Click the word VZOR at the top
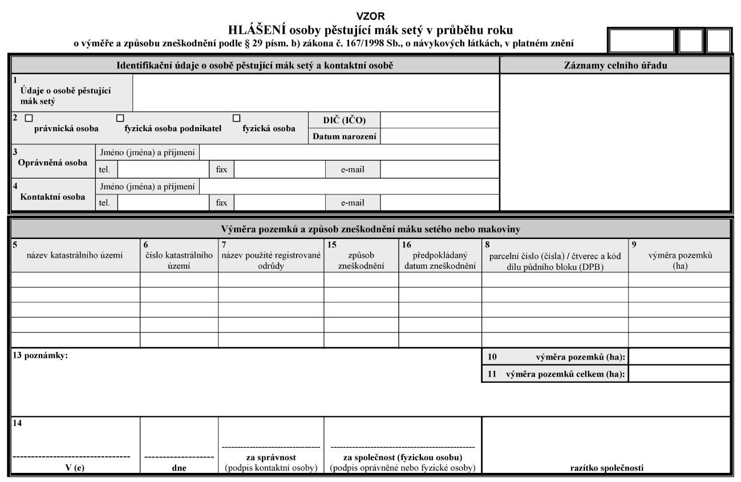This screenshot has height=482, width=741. coord(370,16)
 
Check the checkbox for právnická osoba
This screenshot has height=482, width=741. coord(29,118)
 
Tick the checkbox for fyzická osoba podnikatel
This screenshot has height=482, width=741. coord(120,118)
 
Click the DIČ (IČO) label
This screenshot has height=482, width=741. coord(345,120)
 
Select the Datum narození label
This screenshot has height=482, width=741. coord(345,137)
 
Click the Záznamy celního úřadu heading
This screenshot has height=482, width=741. coord(616,66)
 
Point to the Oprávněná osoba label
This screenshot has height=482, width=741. coord(52,163)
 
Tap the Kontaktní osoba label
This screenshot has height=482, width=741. coord(52,197)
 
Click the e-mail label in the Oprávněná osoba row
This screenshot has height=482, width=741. coord(353,169)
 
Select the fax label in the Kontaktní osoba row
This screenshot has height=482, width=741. coord(221,202)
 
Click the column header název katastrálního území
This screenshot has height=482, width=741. coord(75,256)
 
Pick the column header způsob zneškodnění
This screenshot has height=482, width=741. coord(361,261)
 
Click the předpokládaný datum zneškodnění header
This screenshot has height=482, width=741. coord(440,261)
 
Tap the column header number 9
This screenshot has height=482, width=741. coord(634,244)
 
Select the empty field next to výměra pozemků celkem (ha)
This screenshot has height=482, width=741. coord(679,374)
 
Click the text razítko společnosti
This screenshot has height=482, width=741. coord(607,468)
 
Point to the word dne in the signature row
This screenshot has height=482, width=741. coord(179,468)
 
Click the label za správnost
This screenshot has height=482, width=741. coord(271,457)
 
